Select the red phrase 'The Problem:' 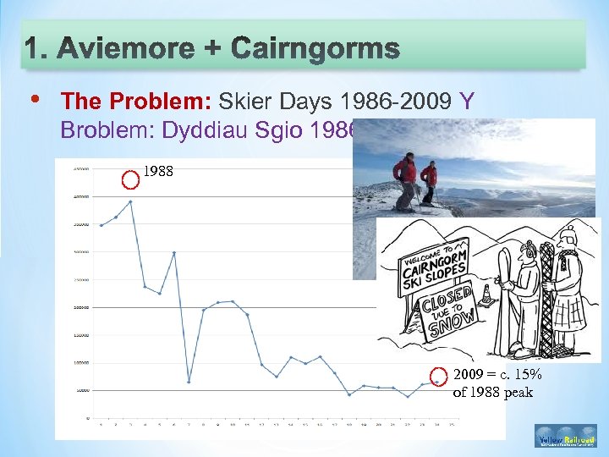[x=137, y=102]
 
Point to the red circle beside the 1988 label [x=129, y=179]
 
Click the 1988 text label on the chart [x=158, y=172]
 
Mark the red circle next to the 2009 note [x=438, y=377]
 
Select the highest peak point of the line [x=130, y=201]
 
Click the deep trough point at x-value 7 [x=189, y=382]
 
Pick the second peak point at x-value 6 [x=174, y=252]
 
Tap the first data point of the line [x=101, y=225]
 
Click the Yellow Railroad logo [x=566, y=438]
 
